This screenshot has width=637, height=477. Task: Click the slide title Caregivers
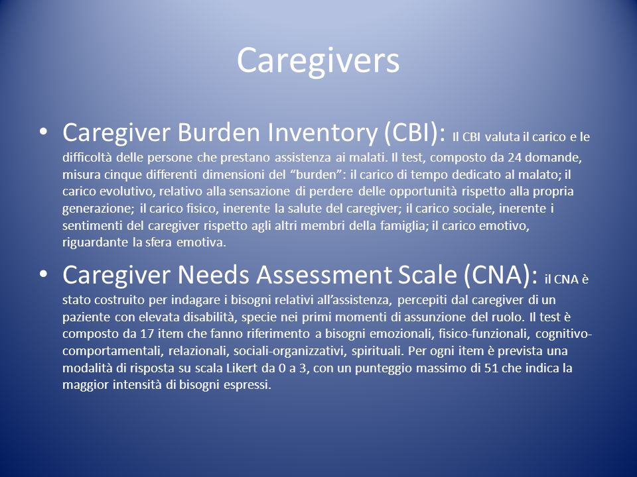point(318,61)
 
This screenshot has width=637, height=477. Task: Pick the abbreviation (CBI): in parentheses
point(414,134)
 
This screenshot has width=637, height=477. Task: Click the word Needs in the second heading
point(213,274)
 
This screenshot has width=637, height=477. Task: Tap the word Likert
point(242,368)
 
